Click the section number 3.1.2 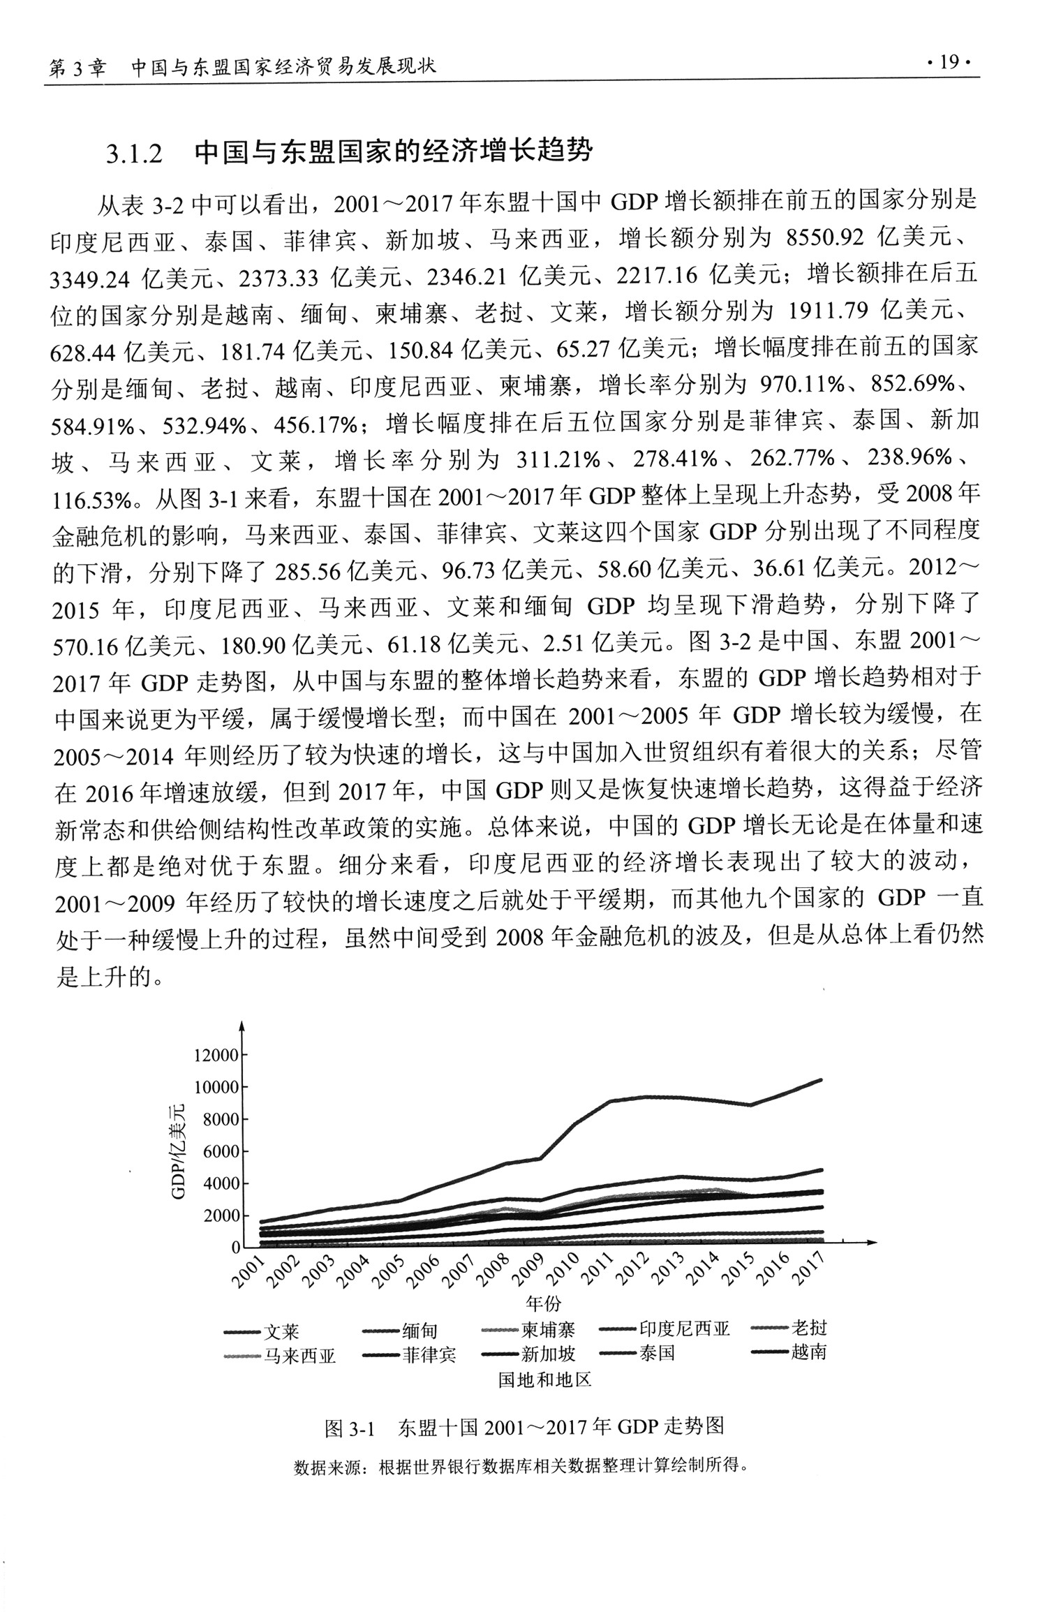[x=134, y=153]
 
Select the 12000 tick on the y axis [x=216, y=1056]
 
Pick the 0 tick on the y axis [x=235, y=1248]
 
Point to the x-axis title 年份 [x=544, y=1303]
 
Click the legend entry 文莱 [x=281, y=1333]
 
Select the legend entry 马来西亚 [x=299, y=1356]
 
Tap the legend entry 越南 [x=808, y=1352]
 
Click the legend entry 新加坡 [x=548, y=1354]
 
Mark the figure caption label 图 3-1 [x=350, y=1428]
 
